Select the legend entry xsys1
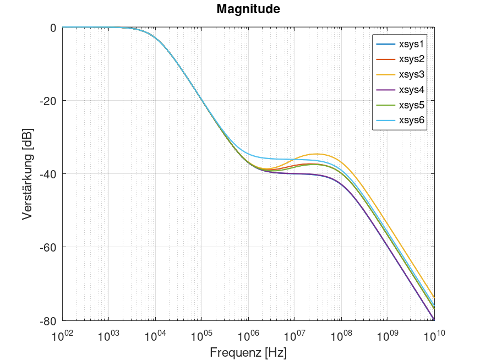(410, 43)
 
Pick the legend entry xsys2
(410, 59)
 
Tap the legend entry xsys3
(410, 74)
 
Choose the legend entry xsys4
(410, 90)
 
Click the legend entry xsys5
(410, 105)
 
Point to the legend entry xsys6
(410, 120)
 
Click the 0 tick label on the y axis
(53, 28)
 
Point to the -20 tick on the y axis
(49, 101)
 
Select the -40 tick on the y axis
(49, 174)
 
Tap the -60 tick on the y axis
(49, 247)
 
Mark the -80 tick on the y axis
(49, 320)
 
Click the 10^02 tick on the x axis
(62, 334)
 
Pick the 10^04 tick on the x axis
(155, 334)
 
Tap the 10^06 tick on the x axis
(248, 334)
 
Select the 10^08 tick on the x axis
(341, 334)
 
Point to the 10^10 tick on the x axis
(434, 334)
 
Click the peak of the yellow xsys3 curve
(317, 154)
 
